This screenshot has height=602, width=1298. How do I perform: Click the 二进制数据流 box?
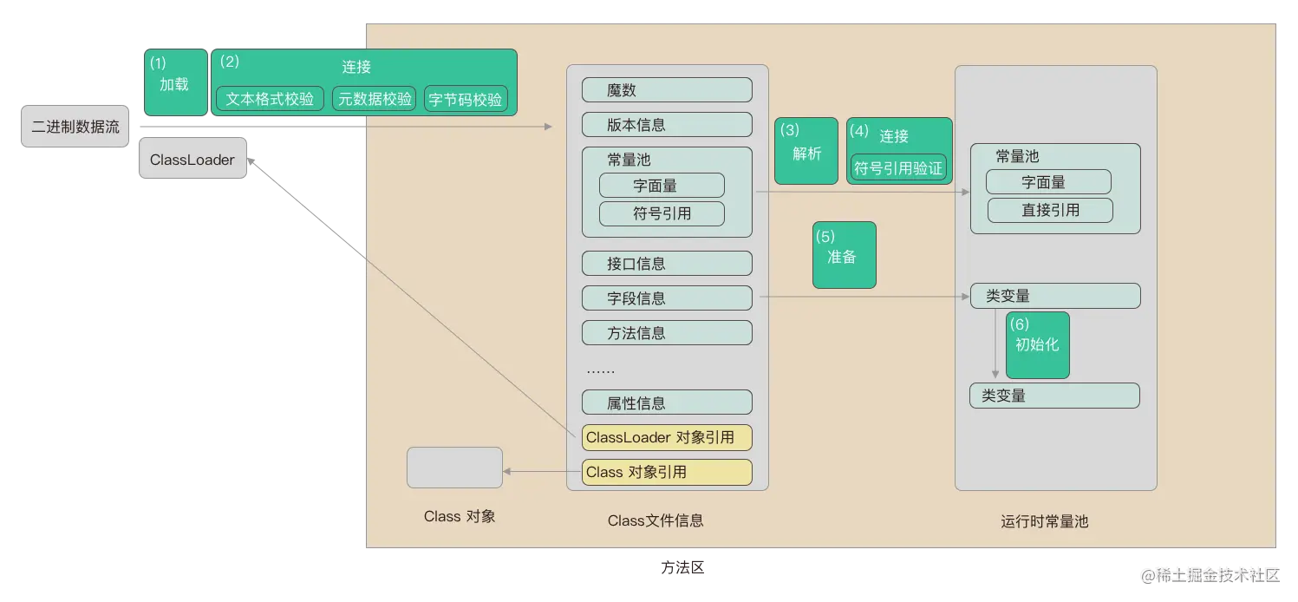coord(75,128)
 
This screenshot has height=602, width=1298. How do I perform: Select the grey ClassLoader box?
coord(193,160)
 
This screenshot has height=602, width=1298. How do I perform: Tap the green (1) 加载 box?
coord(175,82)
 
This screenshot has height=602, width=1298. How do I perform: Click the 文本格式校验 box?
coord(270,99)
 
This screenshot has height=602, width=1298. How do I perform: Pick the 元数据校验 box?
coord(375,99)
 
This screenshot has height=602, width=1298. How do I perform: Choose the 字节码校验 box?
coord(466,99)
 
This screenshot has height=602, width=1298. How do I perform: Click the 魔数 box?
coord(666,90)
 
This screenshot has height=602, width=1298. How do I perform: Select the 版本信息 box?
coord(666,125)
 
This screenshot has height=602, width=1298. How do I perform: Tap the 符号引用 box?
coord(662,213)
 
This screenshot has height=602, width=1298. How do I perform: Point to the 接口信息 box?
coord(666,264)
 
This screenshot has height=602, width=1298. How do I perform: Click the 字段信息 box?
coord(666,298)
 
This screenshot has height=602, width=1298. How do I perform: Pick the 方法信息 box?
coord(666,333)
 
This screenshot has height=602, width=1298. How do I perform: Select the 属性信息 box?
coord(666,402)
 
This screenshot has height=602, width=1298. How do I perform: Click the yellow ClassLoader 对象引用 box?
coord(666,437)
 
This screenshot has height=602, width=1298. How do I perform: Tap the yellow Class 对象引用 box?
coord(666,472)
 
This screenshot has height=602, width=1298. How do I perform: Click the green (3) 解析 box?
coord(806,151)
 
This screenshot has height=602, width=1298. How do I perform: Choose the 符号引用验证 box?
coord(898,167)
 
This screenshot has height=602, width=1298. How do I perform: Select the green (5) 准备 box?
coord(844,255)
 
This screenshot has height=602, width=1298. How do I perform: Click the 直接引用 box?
coord(1049,210)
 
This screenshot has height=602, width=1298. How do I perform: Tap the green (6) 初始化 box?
coord(1037,345)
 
